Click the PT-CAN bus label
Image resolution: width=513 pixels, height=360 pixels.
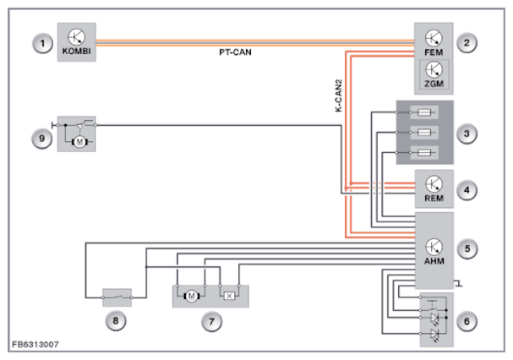click(x=235, y=52)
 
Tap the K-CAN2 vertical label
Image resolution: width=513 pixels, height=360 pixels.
click(x=339, y=95)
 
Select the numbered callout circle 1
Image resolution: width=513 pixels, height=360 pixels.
click(x=42, y=43)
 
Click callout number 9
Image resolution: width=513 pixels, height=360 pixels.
click(x=42, y=138)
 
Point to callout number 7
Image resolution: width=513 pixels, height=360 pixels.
click(x=211, y=321)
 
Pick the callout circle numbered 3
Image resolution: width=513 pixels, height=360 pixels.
click(x=467, y=134)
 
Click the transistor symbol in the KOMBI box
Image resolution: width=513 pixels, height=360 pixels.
click(x=77, y=37)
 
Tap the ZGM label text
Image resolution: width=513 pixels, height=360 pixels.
click(x=434, y=84)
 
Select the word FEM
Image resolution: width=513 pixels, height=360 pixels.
click(x=434, y=52)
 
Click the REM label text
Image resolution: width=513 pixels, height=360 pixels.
click(x=434, y=199)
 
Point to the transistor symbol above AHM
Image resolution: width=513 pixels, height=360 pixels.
click(x=434, y=247)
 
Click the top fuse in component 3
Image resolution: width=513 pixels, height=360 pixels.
click(x=424, y=112)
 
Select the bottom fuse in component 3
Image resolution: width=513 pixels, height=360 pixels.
click(x=424, y=152)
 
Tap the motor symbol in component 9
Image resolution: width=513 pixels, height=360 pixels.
click(x=79, y=142)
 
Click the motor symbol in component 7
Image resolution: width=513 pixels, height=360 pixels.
click(x=192, y=296)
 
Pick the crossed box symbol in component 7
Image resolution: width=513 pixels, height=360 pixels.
click(x=229, y=296)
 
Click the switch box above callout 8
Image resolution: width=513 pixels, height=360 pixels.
click(x=117, y=297)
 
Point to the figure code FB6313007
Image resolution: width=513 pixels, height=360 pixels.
click(x=35, y=344)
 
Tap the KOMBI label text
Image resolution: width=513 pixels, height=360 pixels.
click(x=77, y=52)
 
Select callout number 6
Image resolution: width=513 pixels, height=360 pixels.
click(x=467, y=321)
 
